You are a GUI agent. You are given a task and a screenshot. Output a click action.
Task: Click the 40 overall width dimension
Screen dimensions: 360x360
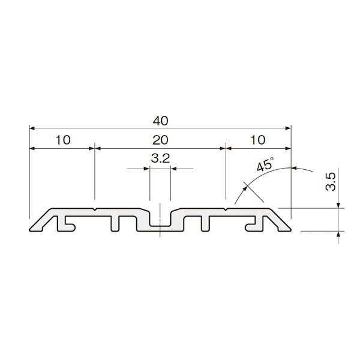coord(160,121)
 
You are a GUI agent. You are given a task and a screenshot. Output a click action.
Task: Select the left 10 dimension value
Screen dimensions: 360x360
coord(63,140)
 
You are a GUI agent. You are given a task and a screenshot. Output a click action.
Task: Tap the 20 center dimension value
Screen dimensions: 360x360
coord(160,140)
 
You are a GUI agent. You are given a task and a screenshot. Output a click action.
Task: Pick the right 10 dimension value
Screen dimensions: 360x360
coord(258,140)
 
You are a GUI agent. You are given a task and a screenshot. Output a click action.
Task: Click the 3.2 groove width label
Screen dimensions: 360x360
coord(160,158)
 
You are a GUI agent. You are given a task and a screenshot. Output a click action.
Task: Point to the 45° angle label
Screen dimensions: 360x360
coord(265,164)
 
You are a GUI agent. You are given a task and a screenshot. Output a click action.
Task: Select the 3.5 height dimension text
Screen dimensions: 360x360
coord(331,182)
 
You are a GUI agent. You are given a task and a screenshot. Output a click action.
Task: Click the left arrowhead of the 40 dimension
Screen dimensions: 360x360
coord(32,128)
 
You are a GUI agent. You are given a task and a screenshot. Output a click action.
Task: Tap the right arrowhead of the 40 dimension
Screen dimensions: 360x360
coord(288,128)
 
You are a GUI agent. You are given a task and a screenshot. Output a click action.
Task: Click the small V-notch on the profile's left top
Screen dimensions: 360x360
coord(95,209)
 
